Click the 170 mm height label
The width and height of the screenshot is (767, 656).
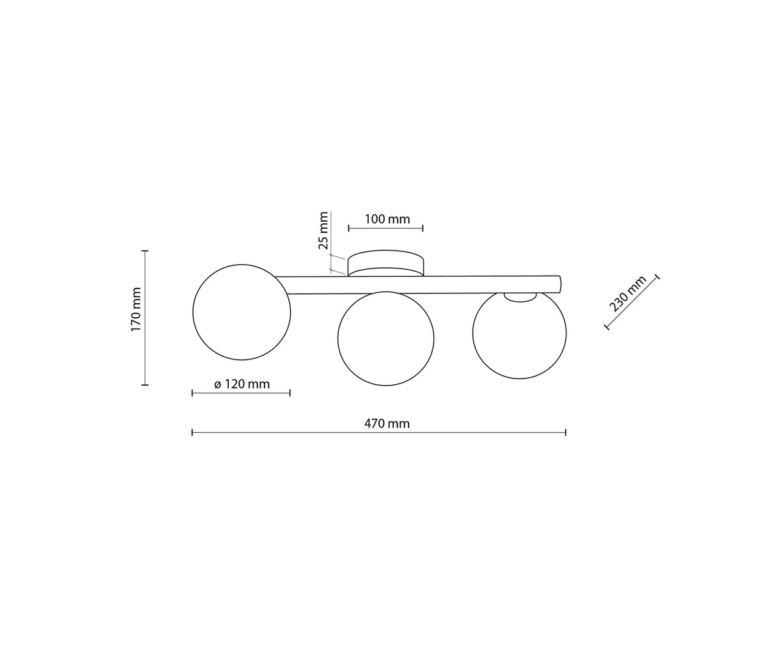tap(137, 309)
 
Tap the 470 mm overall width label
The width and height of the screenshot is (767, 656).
tap(387, 424)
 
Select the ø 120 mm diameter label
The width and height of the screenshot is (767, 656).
tap(242, 384)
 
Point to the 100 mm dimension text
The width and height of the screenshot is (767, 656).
tap(387, 219)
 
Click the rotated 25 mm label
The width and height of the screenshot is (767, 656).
tap(323, 230)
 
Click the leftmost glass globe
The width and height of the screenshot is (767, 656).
tap(242, 312)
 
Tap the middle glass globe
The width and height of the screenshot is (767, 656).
tap(386, 339)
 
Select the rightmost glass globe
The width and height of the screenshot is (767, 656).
tap(520, 333)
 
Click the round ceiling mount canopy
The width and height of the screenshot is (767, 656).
tap(385, 263)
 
